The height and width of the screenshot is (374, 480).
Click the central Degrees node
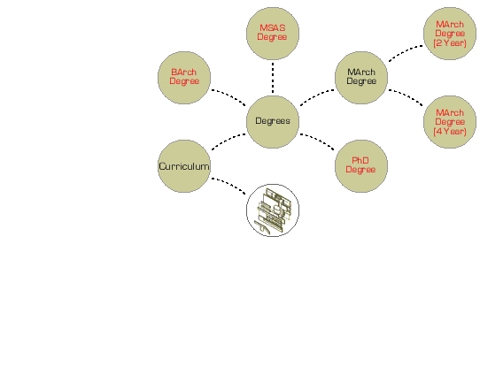point(273,122)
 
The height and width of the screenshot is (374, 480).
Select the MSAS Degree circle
point(273,34)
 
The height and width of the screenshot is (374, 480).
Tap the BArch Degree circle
point(184,78)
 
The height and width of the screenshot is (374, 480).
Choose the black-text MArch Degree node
point(361,78)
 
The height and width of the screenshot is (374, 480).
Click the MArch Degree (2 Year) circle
point(450,34)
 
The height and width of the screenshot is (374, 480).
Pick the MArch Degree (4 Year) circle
point(450,122)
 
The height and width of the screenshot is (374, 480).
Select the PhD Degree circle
point(361,166)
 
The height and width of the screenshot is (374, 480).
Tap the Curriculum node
point(184,166)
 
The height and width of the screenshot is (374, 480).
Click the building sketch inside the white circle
point(273,210)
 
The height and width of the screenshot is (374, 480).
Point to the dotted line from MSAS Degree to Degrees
point(273,78)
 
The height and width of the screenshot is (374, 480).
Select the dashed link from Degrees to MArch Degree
point(317,96)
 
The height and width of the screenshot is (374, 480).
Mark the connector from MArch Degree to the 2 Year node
point(406,52)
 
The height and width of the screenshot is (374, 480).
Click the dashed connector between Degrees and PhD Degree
point(317,141)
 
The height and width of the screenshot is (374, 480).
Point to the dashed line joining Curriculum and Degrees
point(228,141)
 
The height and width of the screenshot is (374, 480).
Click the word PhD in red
point(360,160)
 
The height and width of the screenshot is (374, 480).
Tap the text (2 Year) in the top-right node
point(450,43)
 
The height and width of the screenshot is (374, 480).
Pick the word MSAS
point(273,27)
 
